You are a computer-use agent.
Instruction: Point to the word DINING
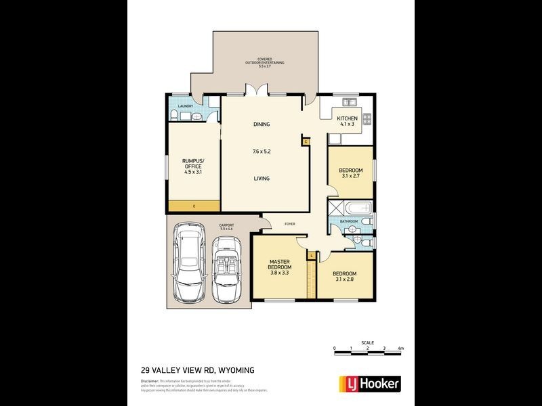tap(262, 125)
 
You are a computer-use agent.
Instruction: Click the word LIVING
tap(262, 179)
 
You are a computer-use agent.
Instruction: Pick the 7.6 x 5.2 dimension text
tap(262, 151)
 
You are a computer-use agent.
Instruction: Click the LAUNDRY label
tap(185, 106)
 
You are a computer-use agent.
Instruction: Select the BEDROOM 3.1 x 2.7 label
tap(351, 173)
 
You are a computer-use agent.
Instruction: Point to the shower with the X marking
tap(335, 208)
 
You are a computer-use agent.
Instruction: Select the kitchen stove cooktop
tap(367, 119)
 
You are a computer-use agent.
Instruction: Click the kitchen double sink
tap(350, 103)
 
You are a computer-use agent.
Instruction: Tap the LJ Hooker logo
tap(369, 384)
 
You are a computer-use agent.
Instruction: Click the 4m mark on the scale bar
tap(401, 348)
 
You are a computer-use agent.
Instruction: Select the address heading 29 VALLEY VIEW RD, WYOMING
tap(197, 370)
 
